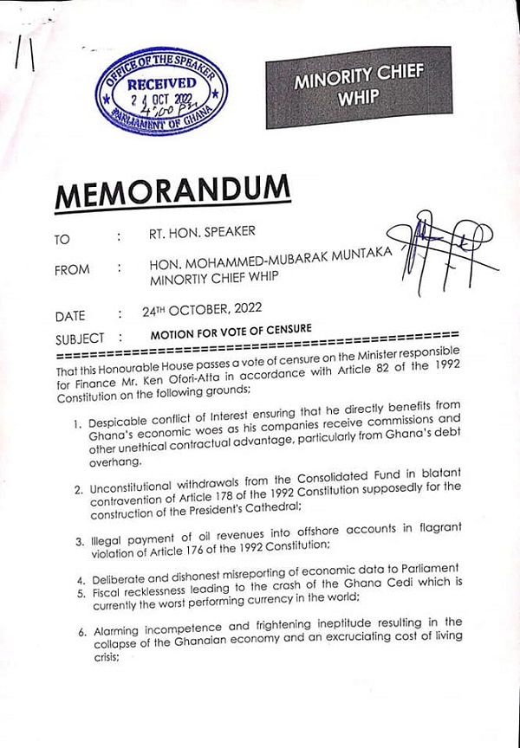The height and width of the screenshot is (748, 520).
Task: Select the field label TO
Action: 63,236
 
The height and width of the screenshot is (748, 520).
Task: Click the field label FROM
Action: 72,269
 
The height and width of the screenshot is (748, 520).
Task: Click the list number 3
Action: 79,540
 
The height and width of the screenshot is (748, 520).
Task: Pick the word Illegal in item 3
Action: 105,539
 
